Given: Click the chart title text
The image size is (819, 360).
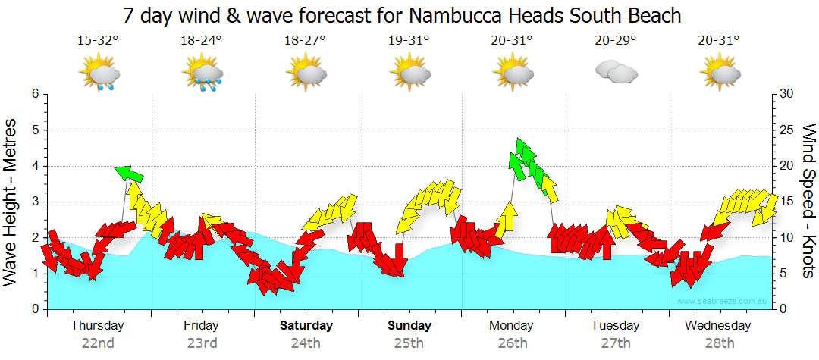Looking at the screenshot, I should [x=401, y=15].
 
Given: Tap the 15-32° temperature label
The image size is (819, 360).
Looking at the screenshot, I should [x=98, y=41].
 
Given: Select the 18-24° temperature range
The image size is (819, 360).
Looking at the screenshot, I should [x=202, y=41].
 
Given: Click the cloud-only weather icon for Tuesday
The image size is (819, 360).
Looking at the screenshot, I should [x=616, y=72].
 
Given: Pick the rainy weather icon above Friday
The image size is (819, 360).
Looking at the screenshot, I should [x=203, y=74].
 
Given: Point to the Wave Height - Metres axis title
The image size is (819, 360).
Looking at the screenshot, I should [x=11, y=202].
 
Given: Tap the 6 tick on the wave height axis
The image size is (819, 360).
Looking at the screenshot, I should [x=35, y=94].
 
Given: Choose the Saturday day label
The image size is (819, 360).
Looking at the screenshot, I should [x=306, y=326].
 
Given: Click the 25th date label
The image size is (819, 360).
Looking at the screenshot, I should [x=409, y=343].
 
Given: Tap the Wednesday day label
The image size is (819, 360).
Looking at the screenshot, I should [x=717, y=326].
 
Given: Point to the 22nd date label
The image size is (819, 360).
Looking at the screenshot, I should [x=98, y=343].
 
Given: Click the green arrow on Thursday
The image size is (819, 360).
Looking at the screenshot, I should [x=130, y=174].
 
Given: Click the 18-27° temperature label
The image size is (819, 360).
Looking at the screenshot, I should [x=305, y=41].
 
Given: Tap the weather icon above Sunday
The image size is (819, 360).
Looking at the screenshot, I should [x=410, y=74].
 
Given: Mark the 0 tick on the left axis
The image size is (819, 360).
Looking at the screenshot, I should [x=35, y=309].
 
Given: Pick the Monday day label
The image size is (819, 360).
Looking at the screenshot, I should [x=512, y=326].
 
